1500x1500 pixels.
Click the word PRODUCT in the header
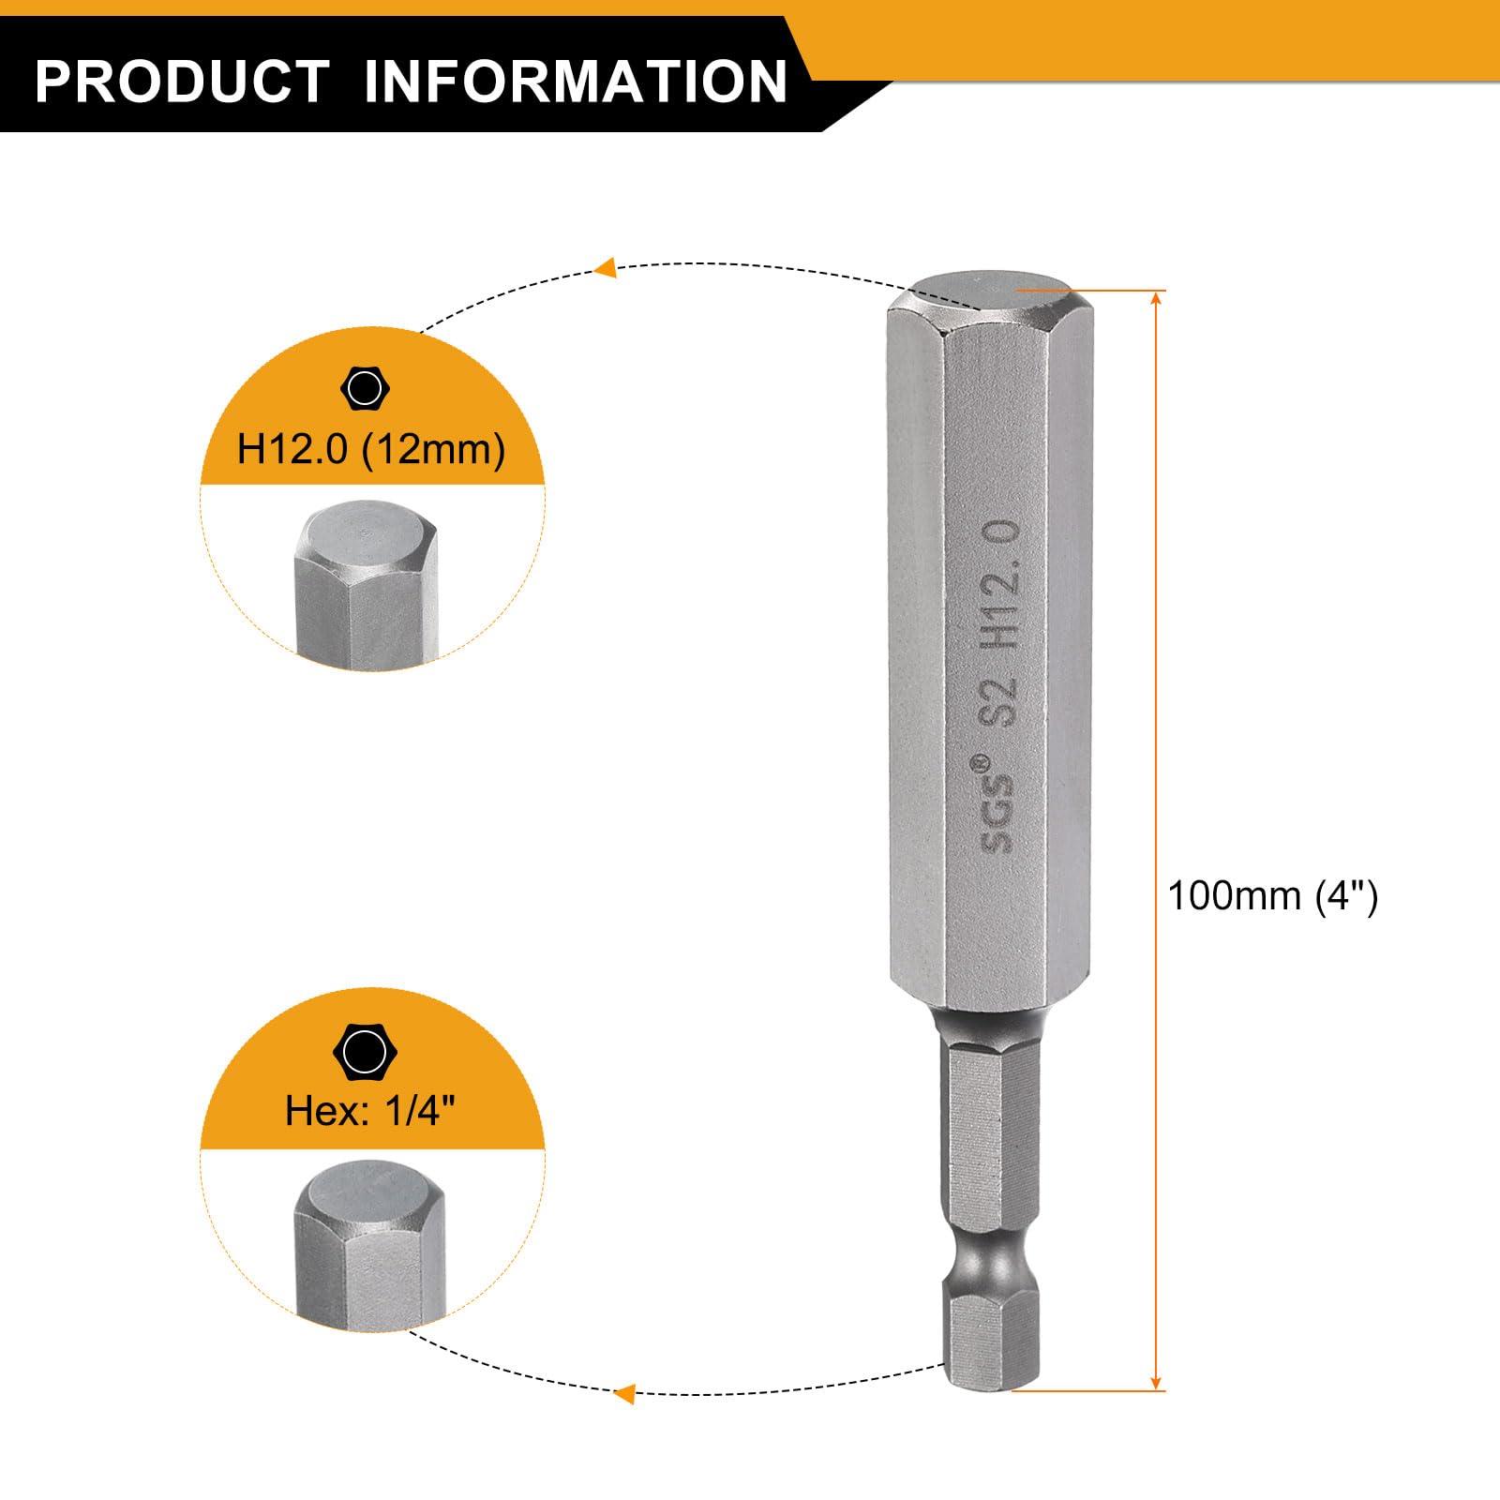tap(182, 81)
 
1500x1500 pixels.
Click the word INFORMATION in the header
tap(576, 81)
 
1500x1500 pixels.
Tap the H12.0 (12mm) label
tap(371, 449)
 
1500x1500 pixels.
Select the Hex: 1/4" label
tap(370, 1111)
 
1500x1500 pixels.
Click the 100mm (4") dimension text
tap(1272, 896)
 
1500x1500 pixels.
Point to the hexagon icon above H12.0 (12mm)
tap(365, 388)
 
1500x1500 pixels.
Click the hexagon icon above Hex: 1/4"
tap(365, 1052)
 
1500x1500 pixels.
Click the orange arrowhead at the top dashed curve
tap(606, 268)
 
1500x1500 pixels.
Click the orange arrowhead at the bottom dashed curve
tap(622, 1393)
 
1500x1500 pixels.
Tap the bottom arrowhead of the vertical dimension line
tap(1156, 1381)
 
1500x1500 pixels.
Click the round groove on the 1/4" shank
tap(992, 1257)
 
